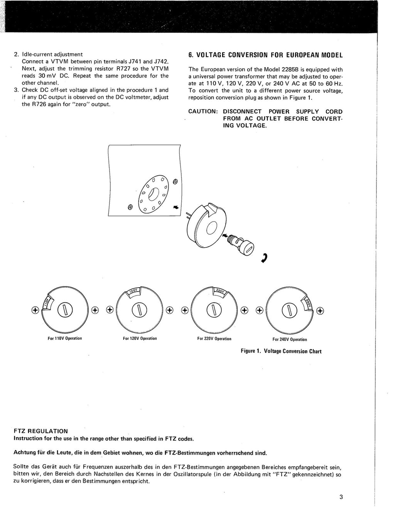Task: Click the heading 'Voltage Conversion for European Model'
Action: point(265,55)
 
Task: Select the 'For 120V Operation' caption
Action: point(140,338)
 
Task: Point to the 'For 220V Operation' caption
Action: point(214,339)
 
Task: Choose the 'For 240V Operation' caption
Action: point(290,339)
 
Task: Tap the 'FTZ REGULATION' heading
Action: point(41,431)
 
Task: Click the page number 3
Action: point(341,497)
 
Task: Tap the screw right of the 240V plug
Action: point(320,310)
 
